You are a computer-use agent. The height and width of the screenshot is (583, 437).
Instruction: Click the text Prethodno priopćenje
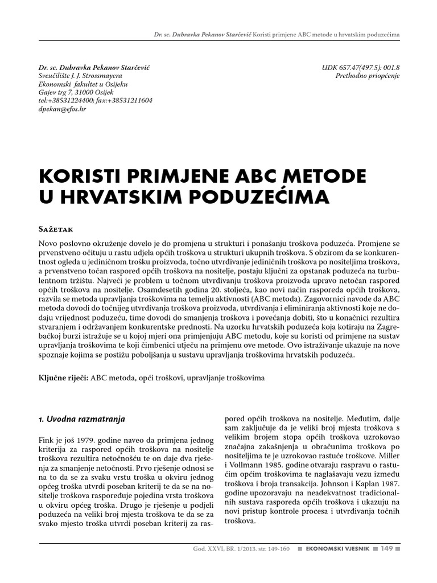click(x=368, y=75)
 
